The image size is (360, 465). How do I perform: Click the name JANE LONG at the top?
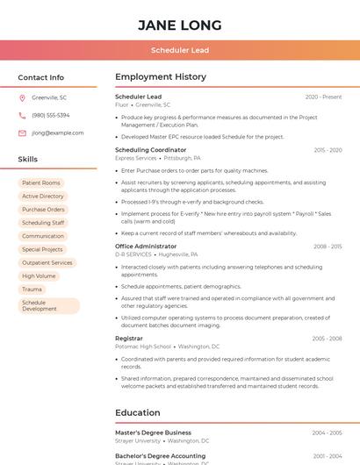(x=179, y=25)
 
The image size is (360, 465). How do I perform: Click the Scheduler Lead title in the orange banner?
(x=179, y=50)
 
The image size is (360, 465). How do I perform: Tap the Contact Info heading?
(x=41, y=77)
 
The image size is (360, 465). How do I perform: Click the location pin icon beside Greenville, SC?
(x=22, y=97)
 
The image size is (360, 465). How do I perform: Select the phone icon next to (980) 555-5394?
(x=22, y=115)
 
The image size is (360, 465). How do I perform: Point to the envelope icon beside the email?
(x=22, y=132)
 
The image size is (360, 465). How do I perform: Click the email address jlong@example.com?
(x=58, y=132)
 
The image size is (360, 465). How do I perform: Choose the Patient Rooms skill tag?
(x=41, y=182)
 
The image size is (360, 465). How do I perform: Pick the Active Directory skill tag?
(x=43, y=196)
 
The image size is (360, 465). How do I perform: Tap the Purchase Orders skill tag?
(x=43, y=210)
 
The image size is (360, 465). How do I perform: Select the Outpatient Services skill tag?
(x=47, y=262)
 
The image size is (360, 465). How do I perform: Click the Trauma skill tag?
(x=32, y=289)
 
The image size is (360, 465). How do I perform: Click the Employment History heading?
(x=161, y=77)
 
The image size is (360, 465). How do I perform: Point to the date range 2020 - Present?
(x=323, y=97)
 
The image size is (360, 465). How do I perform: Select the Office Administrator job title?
(x=146, y=247)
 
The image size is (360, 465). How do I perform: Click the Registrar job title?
(x=129, y=338)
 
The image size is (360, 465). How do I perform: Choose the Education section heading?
(x=138, y=412)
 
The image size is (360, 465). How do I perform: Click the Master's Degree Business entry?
(x=153, y=433)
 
